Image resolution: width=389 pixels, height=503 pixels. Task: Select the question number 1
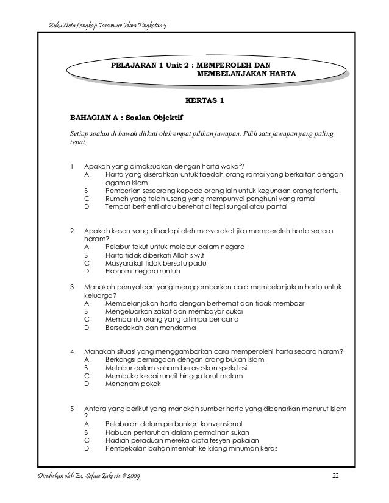tap(73, 165)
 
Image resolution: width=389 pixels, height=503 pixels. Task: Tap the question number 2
tap(73, 231)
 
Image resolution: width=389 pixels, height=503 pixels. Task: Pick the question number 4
tap(73, 352)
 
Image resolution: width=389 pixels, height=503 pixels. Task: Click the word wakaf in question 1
tap(232, 165)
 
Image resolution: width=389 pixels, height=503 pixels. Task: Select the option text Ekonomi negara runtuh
tap(141, 272)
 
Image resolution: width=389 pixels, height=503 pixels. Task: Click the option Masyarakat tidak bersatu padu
tap(155, 263)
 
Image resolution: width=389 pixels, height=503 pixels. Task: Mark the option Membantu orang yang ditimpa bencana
tap(172, 319)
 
